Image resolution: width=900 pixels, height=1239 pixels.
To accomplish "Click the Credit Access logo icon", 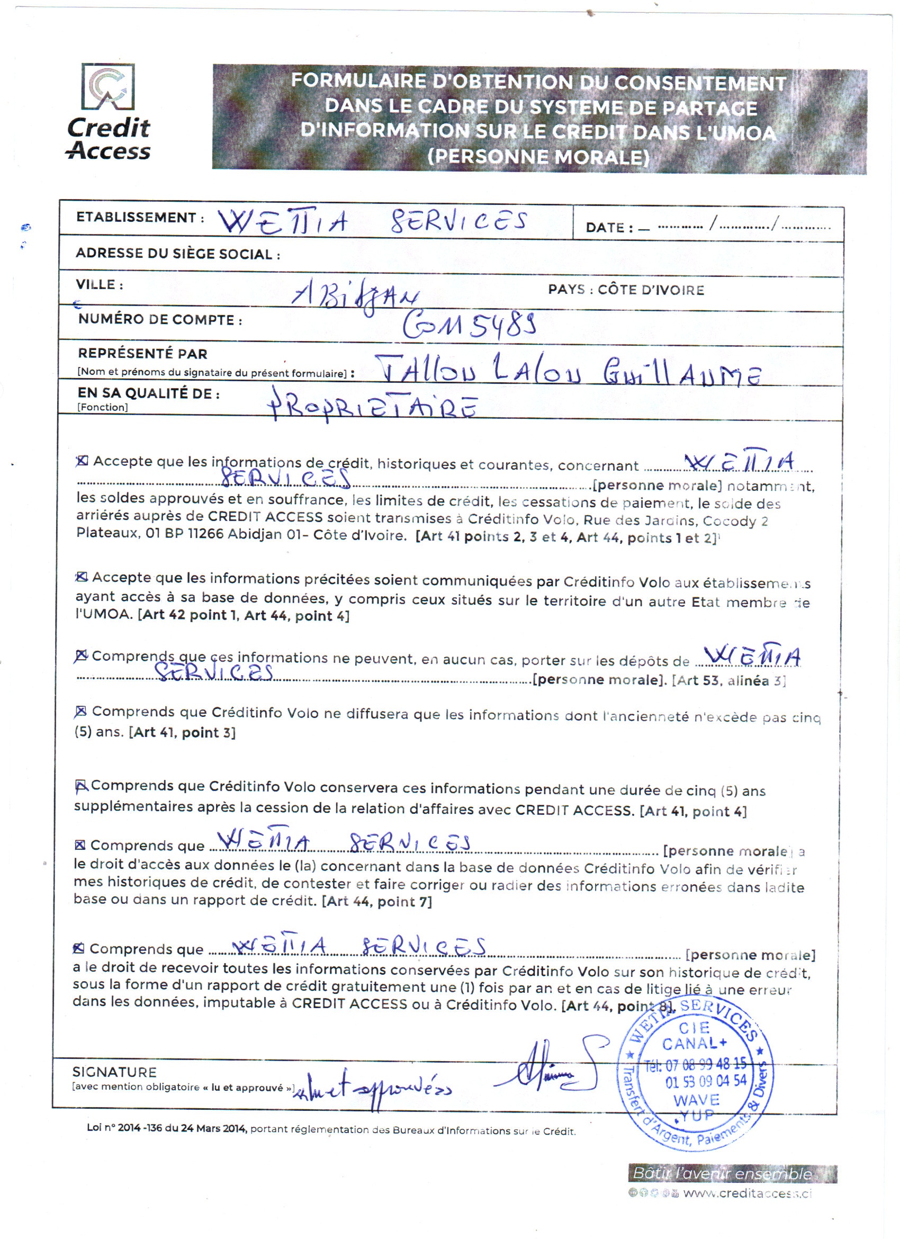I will coord(107,86).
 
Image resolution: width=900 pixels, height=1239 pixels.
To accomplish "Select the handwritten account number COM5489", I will coord(470,325).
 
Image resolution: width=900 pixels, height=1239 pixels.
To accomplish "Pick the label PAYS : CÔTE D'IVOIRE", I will coord(626,290).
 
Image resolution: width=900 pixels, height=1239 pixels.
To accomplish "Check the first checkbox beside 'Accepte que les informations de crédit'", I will coord(82,461).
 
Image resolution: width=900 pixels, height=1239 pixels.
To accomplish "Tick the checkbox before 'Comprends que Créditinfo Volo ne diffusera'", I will coord(81,711).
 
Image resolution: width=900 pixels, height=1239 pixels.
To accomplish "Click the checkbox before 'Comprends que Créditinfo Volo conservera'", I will coord(81,786).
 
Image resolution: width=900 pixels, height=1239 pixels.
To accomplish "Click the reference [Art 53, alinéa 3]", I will coord(728,681).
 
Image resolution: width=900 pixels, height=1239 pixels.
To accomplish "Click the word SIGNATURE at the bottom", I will coord(114,1072).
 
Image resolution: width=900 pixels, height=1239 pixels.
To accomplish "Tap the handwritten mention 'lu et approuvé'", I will coord(371,1089).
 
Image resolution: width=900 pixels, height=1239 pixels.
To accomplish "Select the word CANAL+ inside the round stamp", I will coord(694,1044).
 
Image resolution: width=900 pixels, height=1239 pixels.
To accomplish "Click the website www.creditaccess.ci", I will coord(747,1193).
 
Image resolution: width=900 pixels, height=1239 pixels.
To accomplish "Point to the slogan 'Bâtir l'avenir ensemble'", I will coord(722,1173).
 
